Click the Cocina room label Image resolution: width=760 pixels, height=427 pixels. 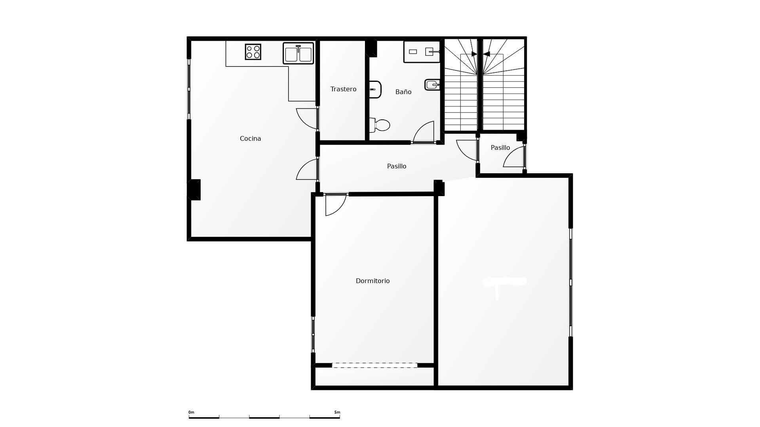click(250, 138)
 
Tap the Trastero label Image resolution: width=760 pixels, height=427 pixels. click(343, 89)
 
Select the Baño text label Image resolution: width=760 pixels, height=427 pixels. click(403, 92)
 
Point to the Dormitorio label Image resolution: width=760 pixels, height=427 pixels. click(372, 281)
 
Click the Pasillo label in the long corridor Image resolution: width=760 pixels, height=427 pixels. click(396, 166)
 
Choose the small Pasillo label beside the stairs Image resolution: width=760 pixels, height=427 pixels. click(500, 147)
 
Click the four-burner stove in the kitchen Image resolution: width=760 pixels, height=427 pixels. click(253, 52)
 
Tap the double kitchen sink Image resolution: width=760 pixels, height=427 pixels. click(298, 54)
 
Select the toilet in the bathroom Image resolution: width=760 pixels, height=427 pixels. click(380, 125)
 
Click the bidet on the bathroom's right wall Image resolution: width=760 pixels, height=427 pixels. click(432, 85)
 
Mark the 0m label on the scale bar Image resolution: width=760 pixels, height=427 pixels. click(191, 412)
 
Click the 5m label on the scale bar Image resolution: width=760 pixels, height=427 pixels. click(337, 412)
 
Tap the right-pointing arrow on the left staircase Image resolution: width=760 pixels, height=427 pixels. click(474, 54)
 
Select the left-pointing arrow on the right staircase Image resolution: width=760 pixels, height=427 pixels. click(486, 54)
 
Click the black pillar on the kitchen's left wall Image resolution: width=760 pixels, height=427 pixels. click(194, 190)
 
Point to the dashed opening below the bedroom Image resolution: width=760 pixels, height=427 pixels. click(374, 365)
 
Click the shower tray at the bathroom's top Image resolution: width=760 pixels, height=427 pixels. click(422, 52)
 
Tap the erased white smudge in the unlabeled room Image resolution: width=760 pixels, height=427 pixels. click(504, 282)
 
